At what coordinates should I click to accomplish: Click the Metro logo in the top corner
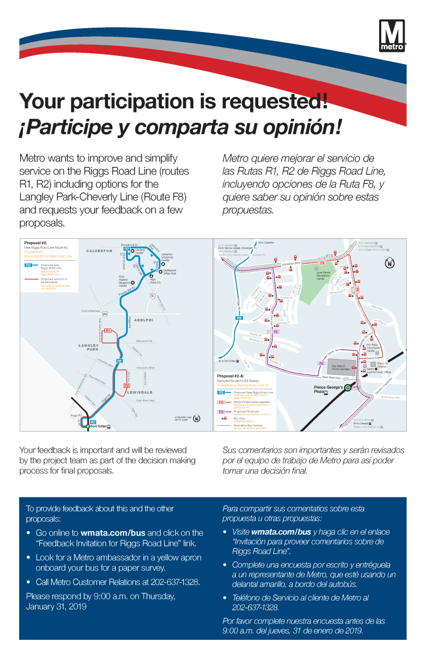[392, 36]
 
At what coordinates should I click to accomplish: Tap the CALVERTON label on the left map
[100, 251]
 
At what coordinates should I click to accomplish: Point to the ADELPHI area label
[144, 320]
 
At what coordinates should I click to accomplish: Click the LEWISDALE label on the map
[140, 392]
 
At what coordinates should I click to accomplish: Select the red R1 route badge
[108, 331]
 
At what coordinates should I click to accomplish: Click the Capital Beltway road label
[91, 311]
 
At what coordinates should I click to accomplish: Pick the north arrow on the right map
[390, 263]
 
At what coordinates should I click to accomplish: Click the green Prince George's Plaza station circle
[347, 388]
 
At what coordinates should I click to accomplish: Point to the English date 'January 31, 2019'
[56, 606]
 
